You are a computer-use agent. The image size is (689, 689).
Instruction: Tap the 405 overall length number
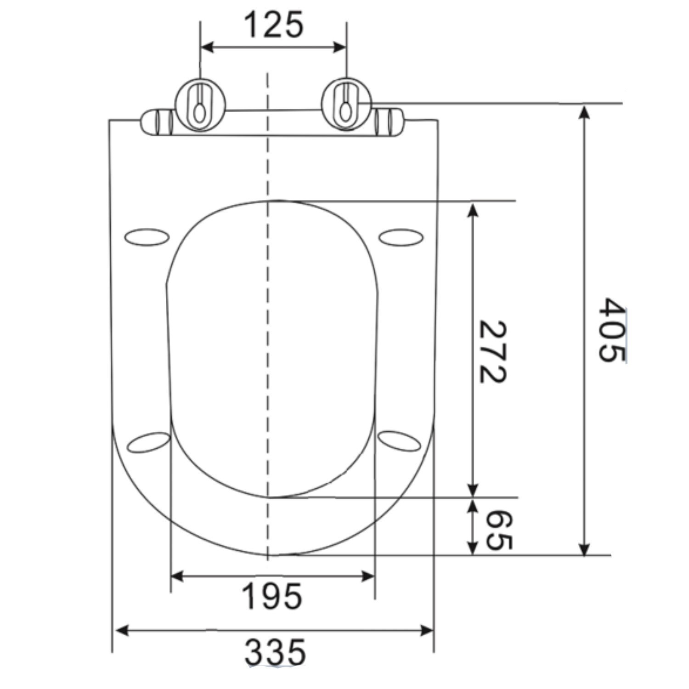tap(612, 330)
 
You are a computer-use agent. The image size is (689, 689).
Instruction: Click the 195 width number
tap(272, 597)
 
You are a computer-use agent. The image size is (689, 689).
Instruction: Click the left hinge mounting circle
tap(201, 105)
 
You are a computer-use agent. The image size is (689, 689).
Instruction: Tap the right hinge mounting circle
tap(346, 105)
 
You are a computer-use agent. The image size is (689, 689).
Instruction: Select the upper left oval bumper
tap(147, 237)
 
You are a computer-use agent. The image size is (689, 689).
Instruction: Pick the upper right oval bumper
tap(401, 237)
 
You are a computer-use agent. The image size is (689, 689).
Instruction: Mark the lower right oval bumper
tap(400, 441)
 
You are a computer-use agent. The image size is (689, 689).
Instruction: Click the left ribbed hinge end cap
tap(158, 123)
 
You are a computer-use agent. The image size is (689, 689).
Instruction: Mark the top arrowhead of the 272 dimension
tap(473, 209)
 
